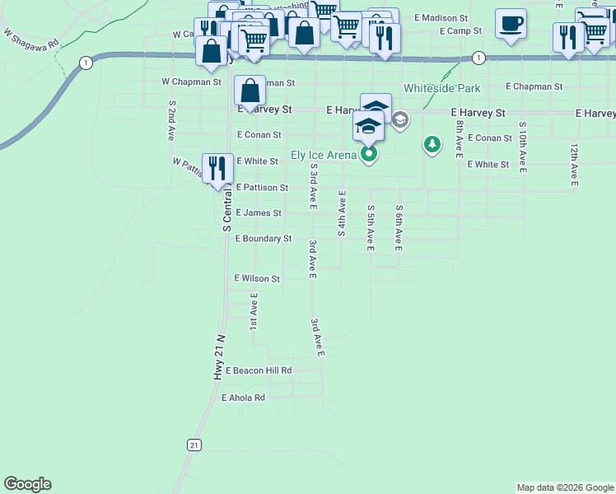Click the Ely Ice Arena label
(324, 155)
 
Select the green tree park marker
(432, 146)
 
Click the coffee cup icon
(511, 24)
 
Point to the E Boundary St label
(264, 239)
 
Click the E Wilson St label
(257, 279)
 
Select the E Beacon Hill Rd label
(259, 371)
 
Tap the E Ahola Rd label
(243, 398)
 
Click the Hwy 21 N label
(219, 357)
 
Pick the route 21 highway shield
(194, 445)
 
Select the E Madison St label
(441, 17)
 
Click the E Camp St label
(460, 31)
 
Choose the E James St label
(259, 213)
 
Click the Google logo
(27, 484)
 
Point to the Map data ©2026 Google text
(564, 487)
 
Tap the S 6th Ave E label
(399, 227)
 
